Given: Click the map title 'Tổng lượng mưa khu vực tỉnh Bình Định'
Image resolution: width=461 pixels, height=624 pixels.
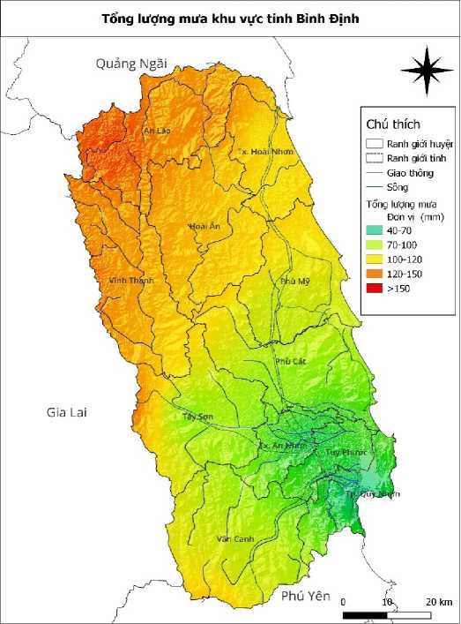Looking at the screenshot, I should click(230, 18).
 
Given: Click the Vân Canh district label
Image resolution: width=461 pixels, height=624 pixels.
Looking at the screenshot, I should click(230, 538).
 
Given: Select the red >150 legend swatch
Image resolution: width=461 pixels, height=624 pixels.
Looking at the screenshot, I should click(375, 288).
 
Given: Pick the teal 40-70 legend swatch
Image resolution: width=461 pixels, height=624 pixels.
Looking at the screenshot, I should click(375, 229).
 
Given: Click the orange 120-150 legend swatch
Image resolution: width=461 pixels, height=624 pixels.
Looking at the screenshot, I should click(375, 274).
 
